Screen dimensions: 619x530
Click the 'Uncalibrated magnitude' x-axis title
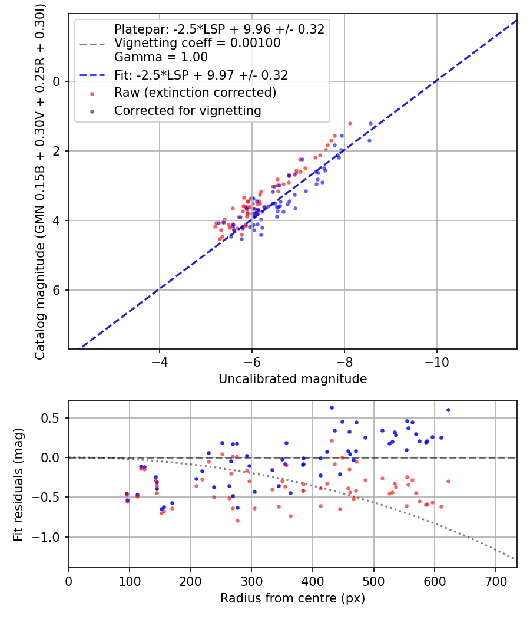point(293,379)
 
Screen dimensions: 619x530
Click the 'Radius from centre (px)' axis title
point(293,598)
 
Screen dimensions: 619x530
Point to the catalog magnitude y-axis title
point(40,180)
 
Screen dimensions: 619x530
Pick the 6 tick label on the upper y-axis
point(57,290)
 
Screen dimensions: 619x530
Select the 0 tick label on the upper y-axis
point(57,81)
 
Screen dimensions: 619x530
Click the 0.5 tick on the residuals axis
point(54,418)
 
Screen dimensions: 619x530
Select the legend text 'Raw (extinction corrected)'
point(195,93)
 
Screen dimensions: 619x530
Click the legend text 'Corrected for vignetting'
point(187,110)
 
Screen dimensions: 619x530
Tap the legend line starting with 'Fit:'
point(201,75)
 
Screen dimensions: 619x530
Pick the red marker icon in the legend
point(91,93)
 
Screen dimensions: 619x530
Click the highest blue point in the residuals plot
point(332,407)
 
